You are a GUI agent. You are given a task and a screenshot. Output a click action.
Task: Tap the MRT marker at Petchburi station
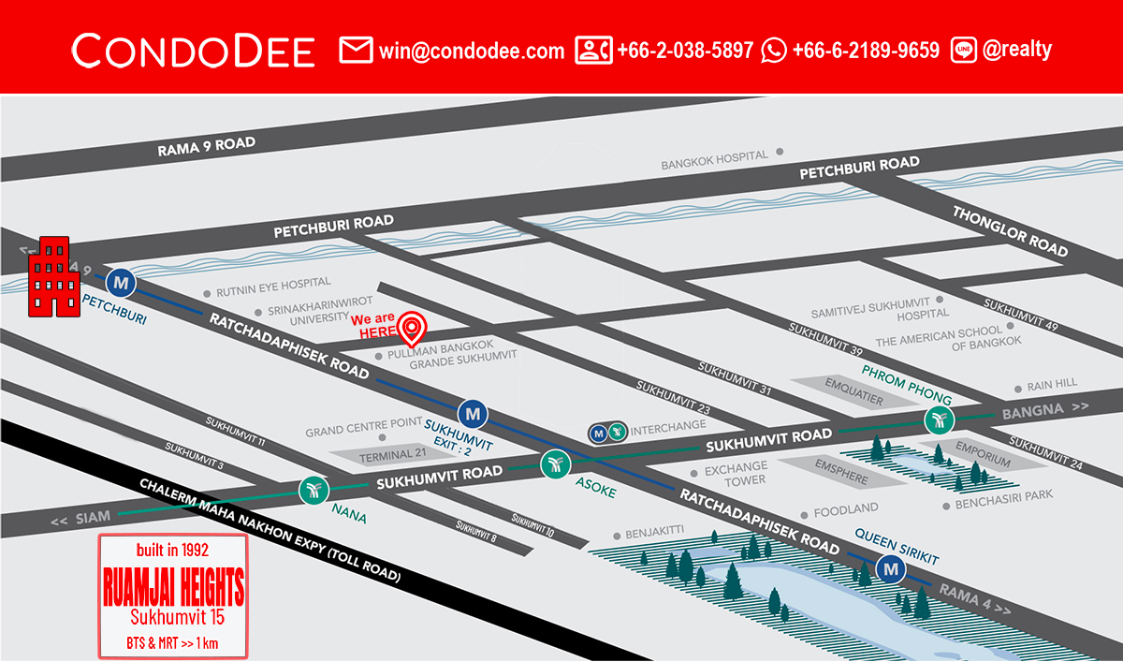tap(120, 281)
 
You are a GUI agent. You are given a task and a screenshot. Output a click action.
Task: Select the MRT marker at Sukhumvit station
tap(473, 412)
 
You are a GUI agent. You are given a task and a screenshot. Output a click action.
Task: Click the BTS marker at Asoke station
tap(554, 463)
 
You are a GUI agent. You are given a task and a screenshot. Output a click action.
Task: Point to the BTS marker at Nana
tap(313, 490)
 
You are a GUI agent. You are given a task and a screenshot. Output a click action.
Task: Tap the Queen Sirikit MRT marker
tap(890, 567)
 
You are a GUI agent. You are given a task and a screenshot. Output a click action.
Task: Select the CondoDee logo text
tap(193, 51)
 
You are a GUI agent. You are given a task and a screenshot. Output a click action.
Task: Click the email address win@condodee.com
tap(472, 51)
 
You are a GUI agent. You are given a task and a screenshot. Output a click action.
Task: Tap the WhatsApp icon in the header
tap(774, 51)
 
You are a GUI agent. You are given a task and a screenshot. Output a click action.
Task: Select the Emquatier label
tap(853, 384)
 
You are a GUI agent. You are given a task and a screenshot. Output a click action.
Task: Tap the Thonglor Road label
tap(1010, 230)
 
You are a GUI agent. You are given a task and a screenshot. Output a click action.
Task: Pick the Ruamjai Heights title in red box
tap(172, 588)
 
